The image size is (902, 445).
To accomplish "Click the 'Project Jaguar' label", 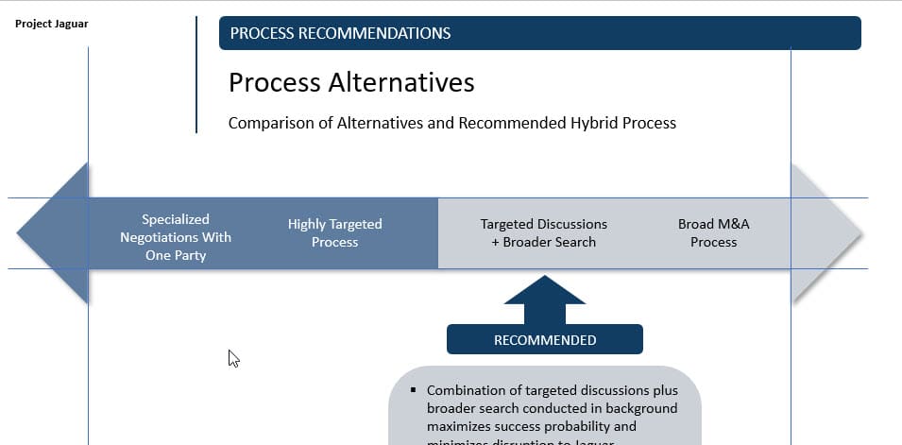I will coord(52,24).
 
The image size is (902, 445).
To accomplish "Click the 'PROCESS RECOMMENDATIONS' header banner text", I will coord(340,33).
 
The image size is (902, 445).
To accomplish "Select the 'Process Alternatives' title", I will coord(351,83).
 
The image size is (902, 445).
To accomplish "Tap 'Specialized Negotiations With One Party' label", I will coord(176,237).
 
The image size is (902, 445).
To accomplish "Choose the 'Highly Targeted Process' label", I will coord(335,232).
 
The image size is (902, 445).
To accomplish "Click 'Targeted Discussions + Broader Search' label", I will coord(544,232).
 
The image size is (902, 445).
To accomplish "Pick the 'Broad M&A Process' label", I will coord(713,232).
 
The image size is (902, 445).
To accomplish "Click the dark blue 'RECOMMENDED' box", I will coord(545,339).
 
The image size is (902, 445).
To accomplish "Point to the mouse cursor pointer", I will coord(233,357).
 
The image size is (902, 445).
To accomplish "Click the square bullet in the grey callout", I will coord(414,390).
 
